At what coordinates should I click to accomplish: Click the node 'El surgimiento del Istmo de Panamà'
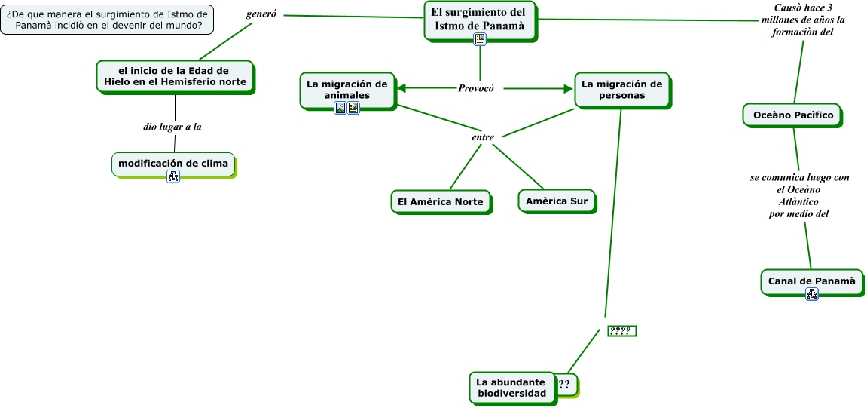(x=479, y=19)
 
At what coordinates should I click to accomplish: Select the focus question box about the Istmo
(x=107, y=20)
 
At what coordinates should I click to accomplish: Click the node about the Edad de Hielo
(x=175, y=76)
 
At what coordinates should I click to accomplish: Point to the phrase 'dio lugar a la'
(x=172, y=127)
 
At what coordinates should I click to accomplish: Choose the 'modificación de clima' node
(x=173, y=164)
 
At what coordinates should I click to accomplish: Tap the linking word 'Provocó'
(x=476, y=88)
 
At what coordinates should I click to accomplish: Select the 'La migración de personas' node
(x=621, y=89)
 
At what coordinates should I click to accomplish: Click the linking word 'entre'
(x=482, y=137)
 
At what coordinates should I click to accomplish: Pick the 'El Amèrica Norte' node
(x=441, y=201)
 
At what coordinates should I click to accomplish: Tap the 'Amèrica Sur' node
(x=556, y=201)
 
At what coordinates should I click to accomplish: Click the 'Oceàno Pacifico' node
(x=792, y=115)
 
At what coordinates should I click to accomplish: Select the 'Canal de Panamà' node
(x=811, y=281)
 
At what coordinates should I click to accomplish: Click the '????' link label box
(x=621, y=331)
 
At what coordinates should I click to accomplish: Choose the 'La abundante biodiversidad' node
(x=511, y=388)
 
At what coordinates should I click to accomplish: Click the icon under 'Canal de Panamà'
(x=812, y=294)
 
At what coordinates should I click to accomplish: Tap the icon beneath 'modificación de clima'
(x=173, y=177)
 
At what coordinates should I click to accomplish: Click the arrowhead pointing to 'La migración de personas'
(x=568, y=88)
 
